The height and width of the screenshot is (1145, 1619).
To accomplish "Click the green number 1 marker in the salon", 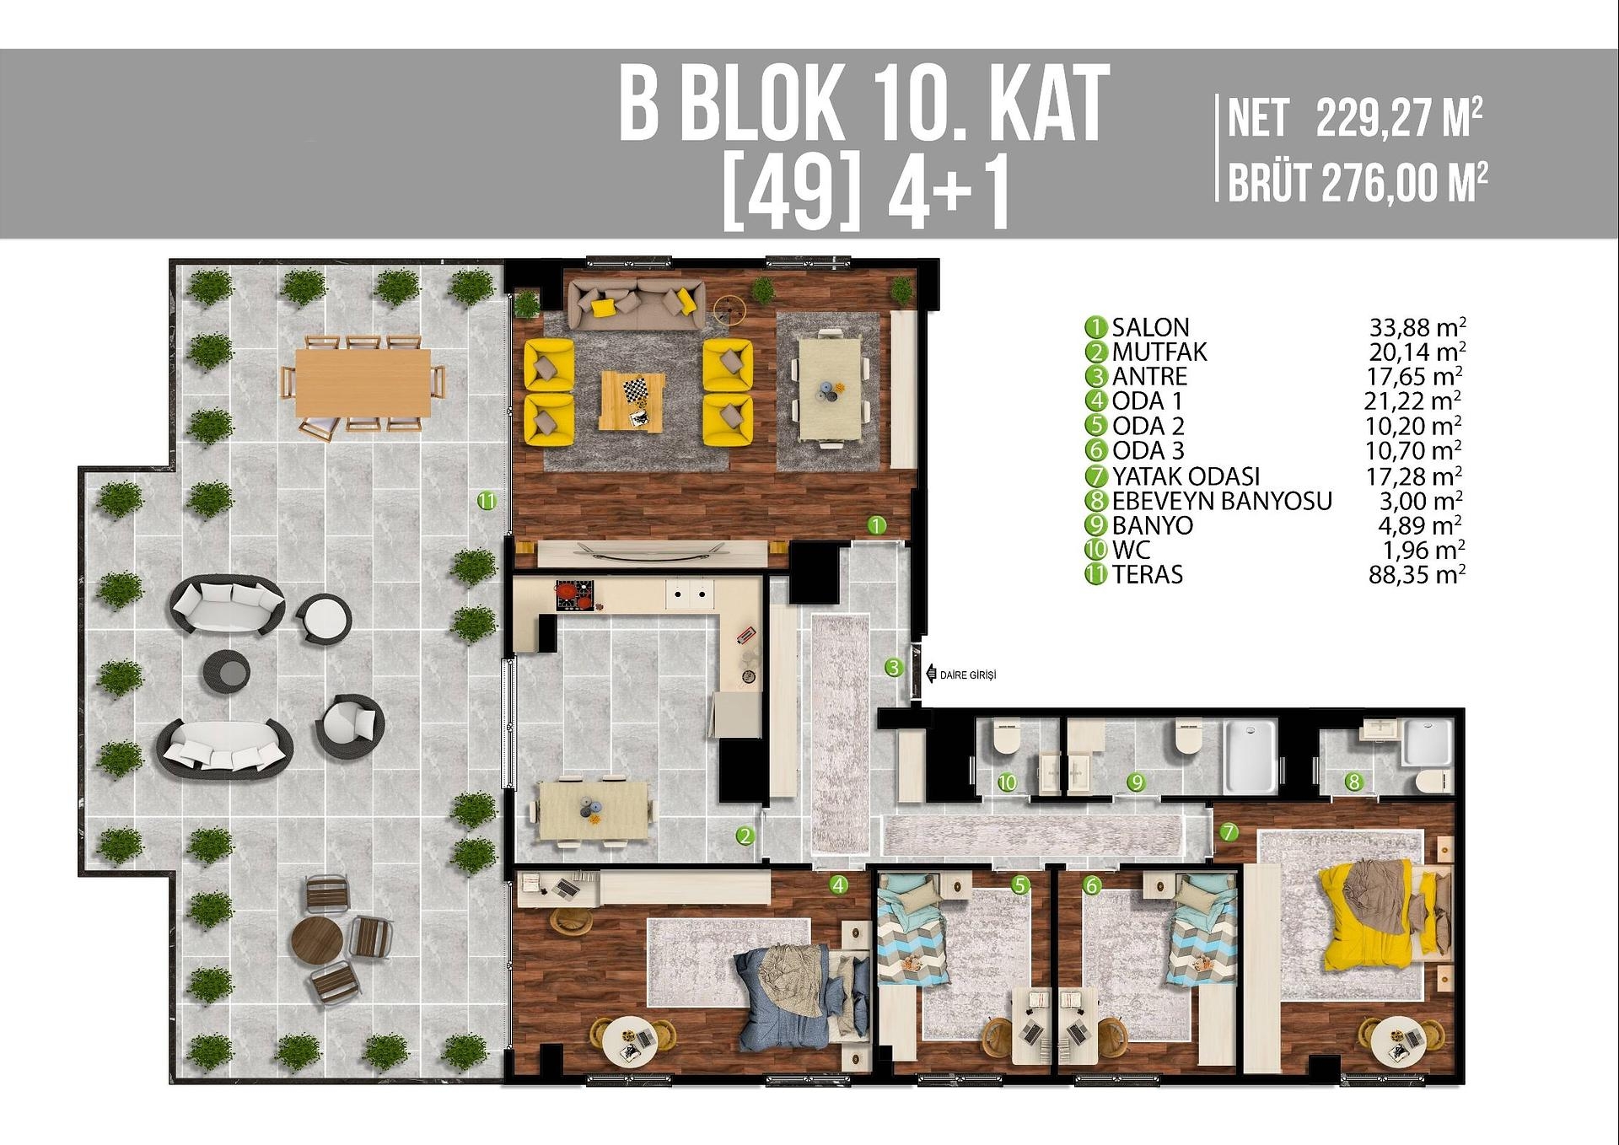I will [877, 525].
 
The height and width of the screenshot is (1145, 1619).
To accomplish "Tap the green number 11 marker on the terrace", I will [487, 501].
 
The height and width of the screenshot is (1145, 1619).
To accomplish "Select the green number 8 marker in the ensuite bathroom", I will [1353, 782].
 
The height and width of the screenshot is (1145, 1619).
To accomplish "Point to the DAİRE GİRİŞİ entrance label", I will [967, 675].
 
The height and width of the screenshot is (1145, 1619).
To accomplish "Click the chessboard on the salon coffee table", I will [635, 390].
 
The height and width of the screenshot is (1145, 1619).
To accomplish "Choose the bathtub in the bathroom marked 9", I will [1250, 755].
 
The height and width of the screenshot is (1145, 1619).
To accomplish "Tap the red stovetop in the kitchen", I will [574, 594].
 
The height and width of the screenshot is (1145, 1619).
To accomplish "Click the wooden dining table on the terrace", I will [363, 383].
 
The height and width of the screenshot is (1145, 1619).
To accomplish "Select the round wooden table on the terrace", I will [317, 941].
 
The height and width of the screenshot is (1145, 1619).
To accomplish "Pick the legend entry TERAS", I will [1147, 575].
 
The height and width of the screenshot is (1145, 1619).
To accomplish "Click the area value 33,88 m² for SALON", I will [1417, 327].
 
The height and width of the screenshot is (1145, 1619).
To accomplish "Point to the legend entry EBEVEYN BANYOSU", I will [1221, 501].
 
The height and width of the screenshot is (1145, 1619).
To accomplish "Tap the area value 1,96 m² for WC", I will [1423, 551].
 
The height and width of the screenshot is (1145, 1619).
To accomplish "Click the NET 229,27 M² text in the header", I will [1354, 119].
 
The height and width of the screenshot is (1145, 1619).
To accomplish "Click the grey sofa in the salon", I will [636, 304].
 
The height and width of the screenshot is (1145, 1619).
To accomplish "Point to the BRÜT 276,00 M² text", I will [1357, 183].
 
